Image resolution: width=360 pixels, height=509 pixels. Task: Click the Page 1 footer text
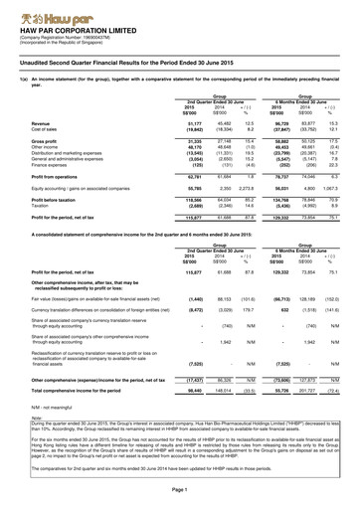pyautogui.click(x=180, y=491)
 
